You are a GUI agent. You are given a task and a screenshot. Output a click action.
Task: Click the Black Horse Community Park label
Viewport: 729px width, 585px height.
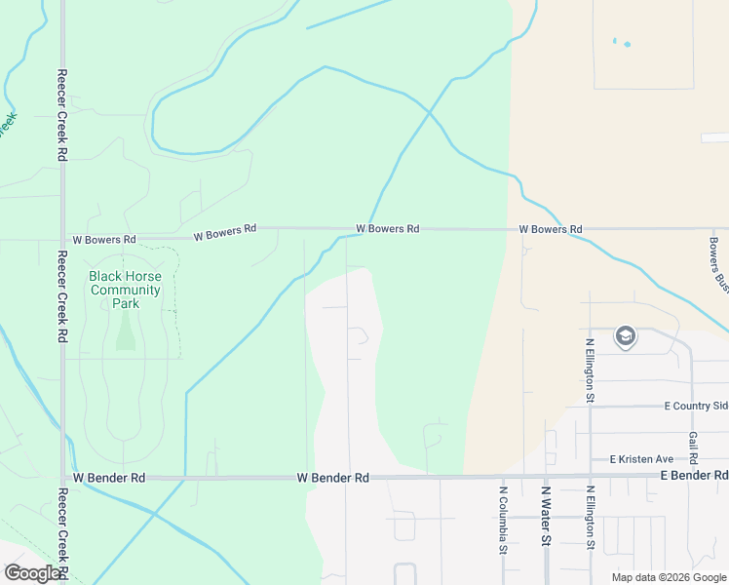coord(125,290)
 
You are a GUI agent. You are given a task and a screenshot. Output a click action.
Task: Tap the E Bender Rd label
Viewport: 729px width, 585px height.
coord(694,475)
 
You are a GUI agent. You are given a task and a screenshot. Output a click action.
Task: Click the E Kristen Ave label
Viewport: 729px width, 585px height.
coord(641,458)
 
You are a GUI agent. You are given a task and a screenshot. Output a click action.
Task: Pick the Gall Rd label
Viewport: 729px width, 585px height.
coord(693,448)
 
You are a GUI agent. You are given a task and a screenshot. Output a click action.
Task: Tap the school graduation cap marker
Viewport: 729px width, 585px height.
coord(625,337)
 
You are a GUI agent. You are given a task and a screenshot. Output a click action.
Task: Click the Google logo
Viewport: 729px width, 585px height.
coord(32,573)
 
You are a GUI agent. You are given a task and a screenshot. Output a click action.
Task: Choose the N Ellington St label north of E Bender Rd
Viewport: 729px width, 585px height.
coord(590,370)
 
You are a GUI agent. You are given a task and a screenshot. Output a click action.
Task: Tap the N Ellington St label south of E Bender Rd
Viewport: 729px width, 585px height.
coord(590,519)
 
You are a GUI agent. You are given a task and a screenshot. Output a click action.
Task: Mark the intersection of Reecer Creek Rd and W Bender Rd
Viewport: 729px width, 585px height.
coord(63,478)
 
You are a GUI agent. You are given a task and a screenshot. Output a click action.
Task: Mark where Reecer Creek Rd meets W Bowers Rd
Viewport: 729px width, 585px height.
coord(62,238)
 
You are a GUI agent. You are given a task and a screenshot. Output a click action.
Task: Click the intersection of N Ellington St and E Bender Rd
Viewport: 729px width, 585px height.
coord(590,476)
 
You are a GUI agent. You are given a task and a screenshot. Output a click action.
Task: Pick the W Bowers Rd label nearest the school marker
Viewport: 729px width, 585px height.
coord(550,229)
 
